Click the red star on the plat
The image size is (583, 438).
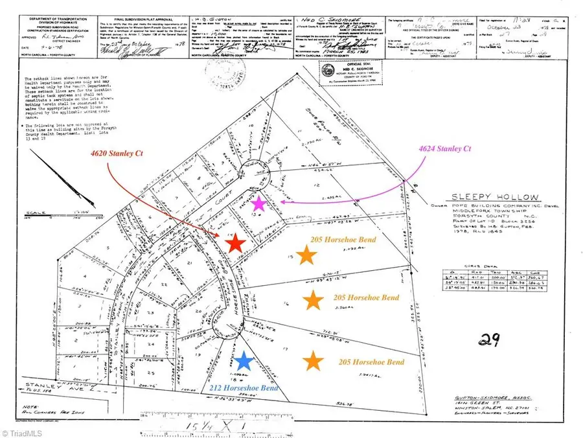(236, 243)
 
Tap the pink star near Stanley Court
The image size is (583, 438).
(258, 203)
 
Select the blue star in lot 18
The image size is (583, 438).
(244, 361)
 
